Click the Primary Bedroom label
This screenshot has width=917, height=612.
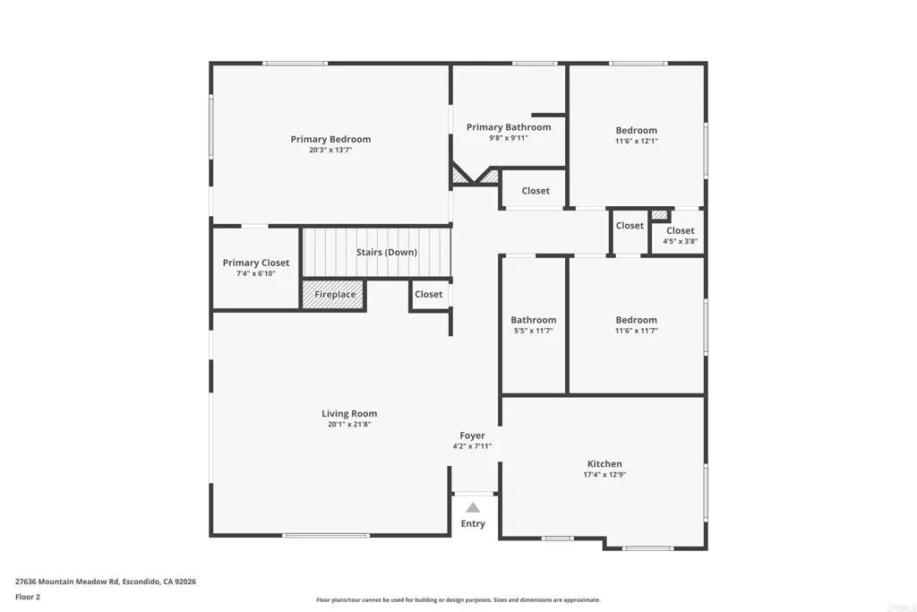coord(330,139)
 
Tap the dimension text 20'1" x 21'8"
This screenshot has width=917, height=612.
coord(348,425)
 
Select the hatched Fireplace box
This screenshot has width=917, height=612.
coord(334,295)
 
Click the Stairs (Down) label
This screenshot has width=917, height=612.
coord(386,252)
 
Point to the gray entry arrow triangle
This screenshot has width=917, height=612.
coord(473,508)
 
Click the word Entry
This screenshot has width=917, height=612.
coord(473,524)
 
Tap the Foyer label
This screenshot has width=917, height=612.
coord(473,435)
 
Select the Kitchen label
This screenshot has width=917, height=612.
coord(604,464)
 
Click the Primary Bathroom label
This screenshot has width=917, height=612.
coord(509,127)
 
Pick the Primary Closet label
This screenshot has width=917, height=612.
coord(256,263)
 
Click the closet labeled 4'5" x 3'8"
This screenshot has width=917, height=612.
coord(680,236)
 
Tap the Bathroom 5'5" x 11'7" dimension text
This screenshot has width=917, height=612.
coord(534,331)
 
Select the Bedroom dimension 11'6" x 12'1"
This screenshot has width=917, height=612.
coord(636,141)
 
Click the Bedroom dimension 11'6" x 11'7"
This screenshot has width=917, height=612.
coord(636,331)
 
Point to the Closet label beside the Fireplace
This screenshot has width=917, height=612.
coord(428,294)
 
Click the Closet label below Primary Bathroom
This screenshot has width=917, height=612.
coord(536,191)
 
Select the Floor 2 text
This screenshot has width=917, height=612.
coord(28,597)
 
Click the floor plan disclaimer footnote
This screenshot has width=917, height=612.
coord(458,600)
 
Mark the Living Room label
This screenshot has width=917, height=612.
coord(349,413)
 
